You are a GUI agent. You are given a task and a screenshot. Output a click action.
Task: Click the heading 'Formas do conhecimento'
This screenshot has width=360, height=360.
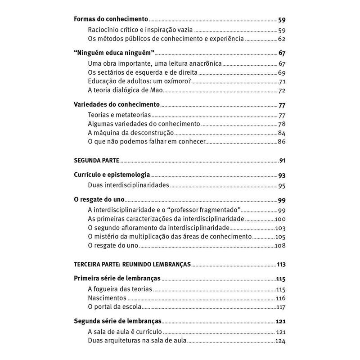click(x=111, y=20)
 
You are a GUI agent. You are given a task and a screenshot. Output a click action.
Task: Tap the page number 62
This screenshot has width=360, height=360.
click(x=282, y=39)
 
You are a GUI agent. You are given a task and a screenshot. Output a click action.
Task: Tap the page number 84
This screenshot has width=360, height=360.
click(x=282, y=133)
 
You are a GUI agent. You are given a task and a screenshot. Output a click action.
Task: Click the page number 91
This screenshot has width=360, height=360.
click(x=283, y=160)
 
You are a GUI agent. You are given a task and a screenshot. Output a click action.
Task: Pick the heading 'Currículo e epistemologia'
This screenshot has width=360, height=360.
click(x=112, y=175)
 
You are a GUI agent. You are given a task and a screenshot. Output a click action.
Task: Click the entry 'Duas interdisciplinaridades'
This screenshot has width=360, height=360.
click(x=128, y=185)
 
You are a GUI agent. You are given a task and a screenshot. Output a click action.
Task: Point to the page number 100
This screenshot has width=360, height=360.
click(x=281, y=219)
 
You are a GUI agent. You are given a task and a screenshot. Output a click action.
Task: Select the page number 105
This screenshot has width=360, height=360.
click(x=281, y=236)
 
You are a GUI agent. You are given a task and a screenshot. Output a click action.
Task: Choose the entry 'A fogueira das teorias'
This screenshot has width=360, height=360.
click(x=120, y=289)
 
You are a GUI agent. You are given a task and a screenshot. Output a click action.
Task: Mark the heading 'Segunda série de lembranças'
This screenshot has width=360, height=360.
click(x=117, y=322)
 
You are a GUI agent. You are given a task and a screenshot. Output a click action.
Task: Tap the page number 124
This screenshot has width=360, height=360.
click(x=281, y=341)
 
